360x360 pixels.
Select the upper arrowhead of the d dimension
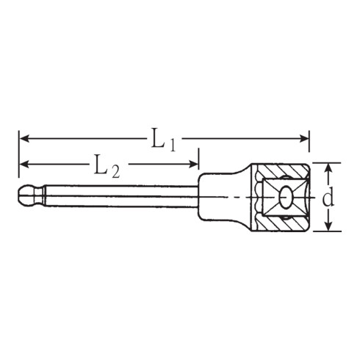point(328,165)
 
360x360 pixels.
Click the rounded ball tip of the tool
point(26,195)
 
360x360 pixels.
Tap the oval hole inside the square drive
point(285,195)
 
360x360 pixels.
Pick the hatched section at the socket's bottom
point(283,223)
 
